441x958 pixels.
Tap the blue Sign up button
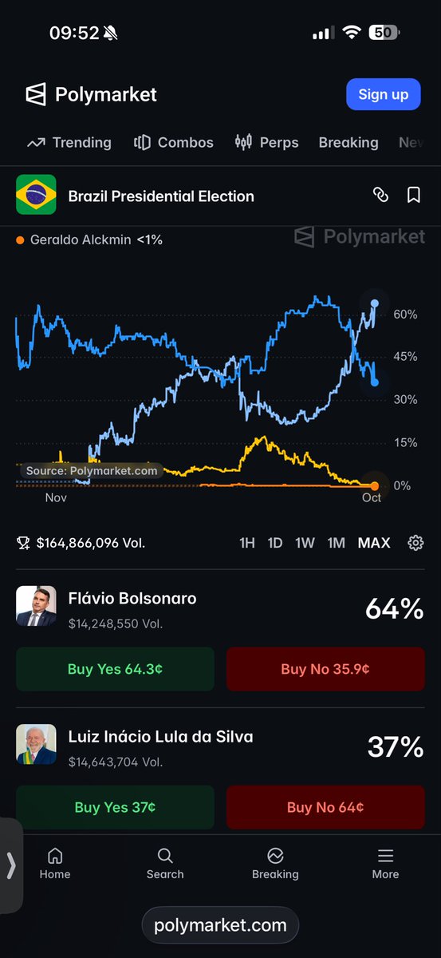pos(384,94)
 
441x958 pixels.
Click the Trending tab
pos(69,142)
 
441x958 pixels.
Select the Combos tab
pos(174,142)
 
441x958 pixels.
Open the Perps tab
pos(266,142)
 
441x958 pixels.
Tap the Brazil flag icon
pos(36,194)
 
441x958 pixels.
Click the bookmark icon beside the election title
pos(413,195)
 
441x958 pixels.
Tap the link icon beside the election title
pos(380,195)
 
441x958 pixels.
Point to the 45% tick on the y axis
pos(405,356)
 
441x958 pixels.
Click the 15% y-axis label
pos(406,442)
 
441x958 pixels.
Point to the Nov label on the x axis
pos(56,498)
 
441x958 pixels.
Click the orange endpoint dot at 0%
pos(374,486)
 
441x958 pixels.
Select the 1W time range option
pos(305,543)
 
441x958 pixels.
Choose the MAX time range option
pos(374,543)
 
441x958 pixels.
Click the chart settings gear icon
pos(415,543)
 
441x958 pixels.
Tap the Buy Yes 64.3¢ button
pos(115,669)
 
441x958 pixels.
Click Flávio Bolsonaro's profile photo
pos(36,606)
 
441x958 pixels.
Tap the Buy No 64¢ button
pos(325,807)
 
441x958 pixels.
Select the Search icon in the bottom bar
pos(165,856)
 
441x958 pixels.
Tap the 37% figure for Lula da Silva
pos(396,746)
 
